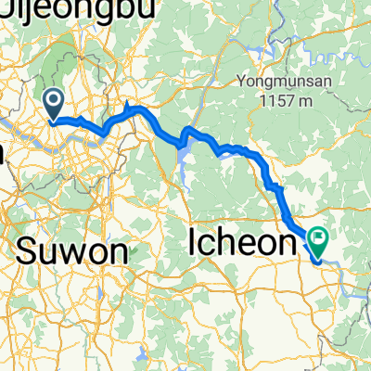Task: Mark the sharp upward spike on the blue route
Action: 125,105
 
